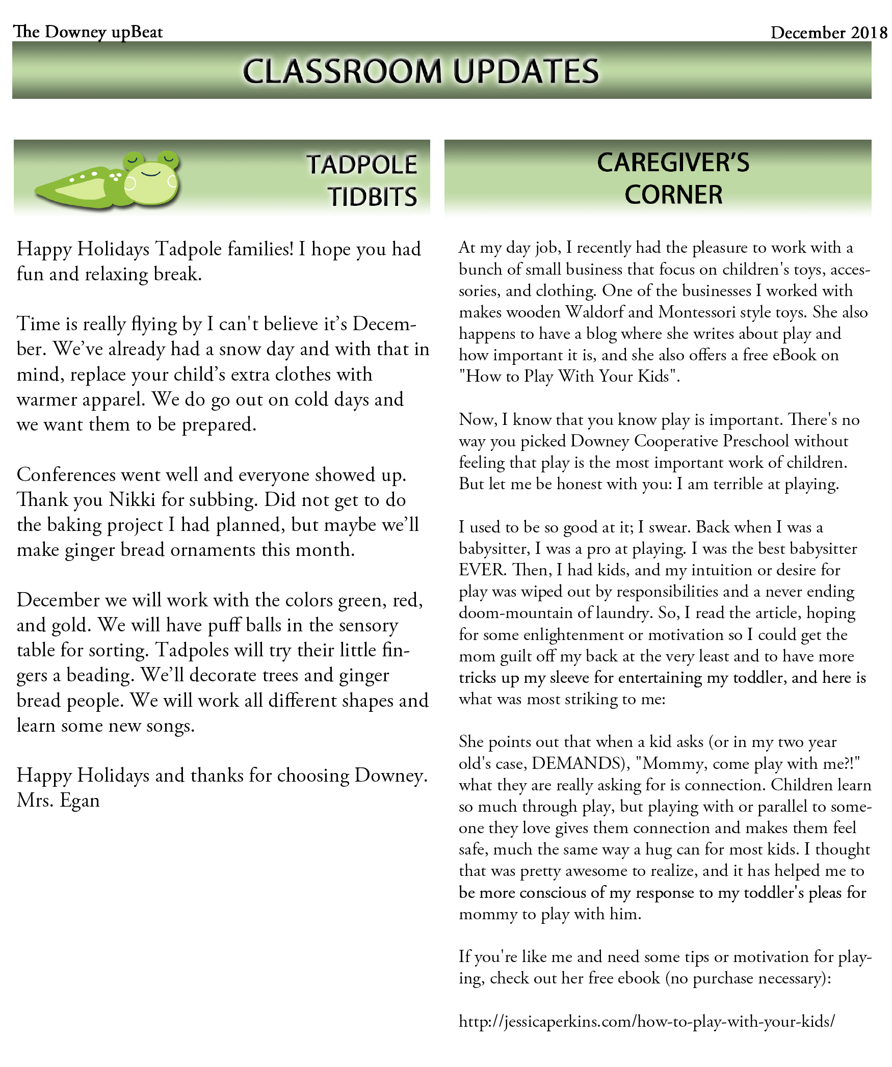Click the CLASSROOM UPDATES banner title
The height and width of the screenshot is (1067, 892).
[421, 71]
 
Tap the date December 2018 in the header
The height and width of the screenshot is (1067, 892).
[828, 33]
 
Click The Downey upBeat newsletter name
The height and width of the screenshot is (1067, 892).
[88, 32]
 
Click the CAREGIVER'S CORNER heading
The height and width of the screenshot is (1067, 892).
[673, 178]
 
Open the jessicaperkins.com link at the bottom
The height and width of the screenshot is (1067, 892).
[646, 1021]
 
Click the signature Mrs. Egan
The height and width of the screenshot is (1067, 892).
[58, 800]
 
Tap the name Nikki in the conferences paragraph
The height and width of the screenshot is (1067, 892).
[132, 500]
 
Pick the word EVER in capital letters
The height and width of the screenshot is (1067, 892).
[482, 569]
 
